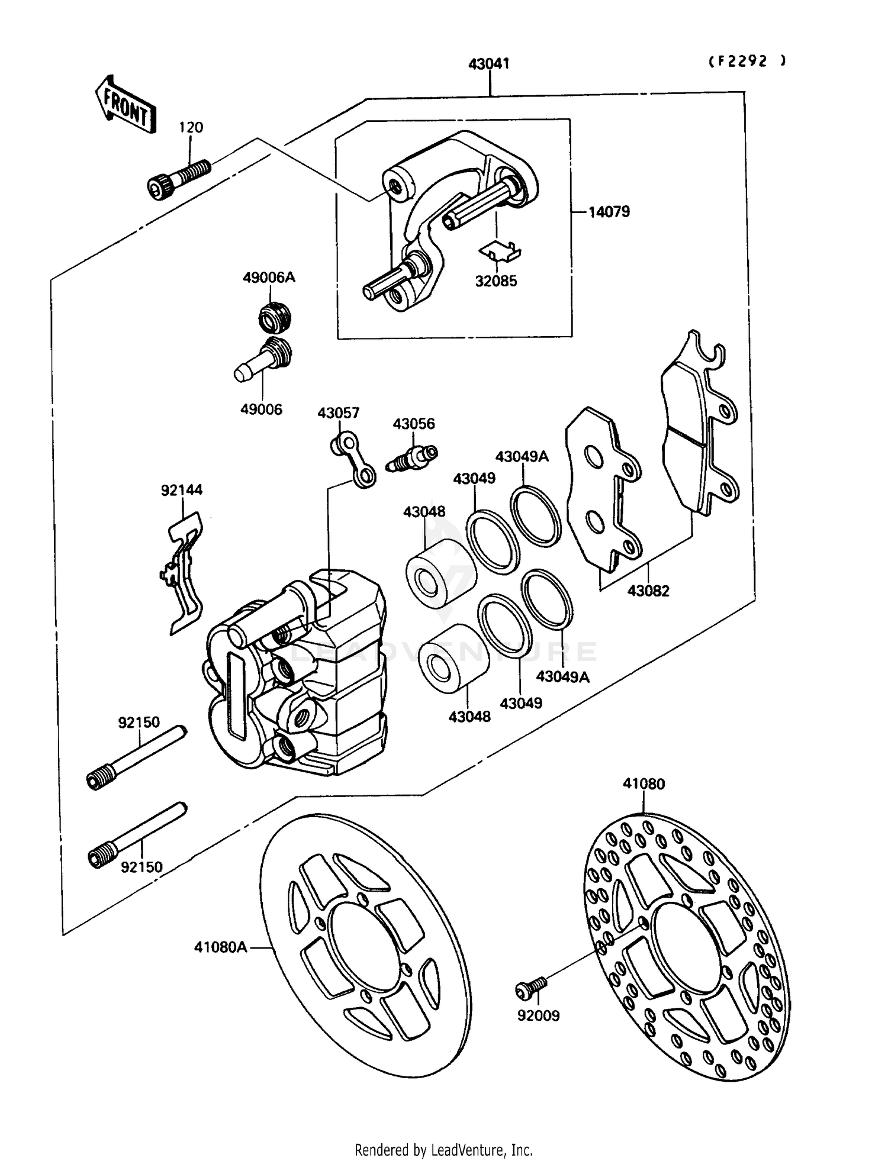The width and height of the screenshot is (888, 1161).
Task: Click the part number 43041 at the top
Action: pyautogui.click(x=488, y=63)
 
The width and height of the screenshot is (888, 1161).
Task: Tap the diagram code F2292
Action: pyautogui.click(x=748, y=61)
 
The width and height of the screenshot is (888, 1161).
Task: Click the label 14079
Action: pyautogui.click(x=609, y=211)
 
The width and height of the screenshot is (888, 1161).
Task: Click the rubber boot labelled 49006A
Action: pyautogui.click(x=275, y=316)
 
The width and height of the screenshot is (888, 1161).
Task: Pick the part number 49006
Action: pyautogui.click(x=261, y=409)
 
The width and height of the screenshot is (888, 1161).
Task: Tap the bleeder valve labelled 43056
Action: pyautogui.click(x=413, y=457)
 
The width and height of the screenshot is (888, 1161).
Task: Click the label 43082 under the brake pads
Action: pyautogui.click(x=648, y=590)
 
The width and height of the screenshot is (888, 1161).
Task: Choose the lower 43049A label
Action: pyautogui.click(x=562, y=676)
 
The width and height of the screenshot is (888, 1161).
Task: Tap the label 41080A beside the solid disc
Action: pyautogui.click(x=220, y=947)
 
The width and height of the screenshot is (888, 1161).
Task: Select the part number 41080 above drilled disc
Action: pyautogui.click(x=644, y=783)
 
